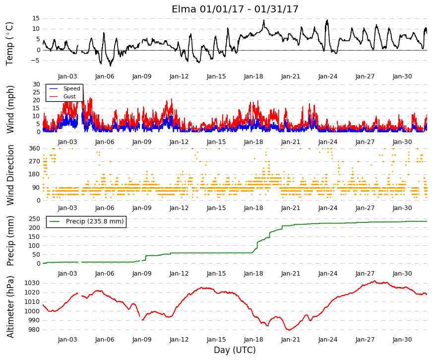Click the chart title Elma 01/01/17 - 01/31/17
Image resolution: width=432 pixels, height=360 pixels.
(x=235, y=9)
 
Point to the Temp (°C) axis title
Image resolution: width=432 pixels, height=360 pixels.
(x=9, y=44)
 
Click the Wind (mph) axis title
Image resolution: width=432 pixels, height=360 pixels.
(x=10, y=110)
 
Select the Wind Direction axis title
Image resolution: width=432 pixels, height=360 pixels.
(x=10, y=175)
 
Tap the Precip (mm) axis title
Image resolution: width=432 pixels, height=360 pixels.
(x=10, y=241)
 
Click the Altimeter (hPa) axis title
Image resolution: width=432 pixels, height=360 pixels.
(x=10, y=307)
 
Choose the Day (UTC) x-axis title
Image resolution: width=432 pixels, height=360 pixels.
(x=235, y=350)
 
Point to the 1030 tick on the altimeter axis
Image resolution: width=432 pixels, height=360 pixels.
(x=32, y=283)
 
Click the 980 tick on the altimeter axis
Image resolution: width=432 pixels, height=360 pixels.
(x=34, y=330)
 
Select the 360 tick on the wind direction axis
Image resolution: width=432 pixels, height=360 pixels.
(x=34, y=148)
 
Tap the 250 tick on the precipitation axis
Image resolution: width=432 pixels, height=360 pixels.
(x=34, y=219)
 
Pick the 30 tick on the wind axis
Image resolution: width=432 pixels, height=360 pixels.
(x=36, y=84)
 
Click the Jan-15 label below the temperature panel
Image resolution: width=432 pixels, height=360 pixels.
(x=216, y=76)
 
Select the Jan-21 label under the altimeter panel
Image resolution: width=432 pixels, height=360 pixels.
(x=291, y=340)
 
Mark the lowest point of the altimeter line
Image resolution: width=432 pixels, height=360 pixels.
(x=289, y=330)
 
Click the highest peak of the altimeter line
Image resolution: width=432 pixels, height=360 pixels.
(x=374, y=281)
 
